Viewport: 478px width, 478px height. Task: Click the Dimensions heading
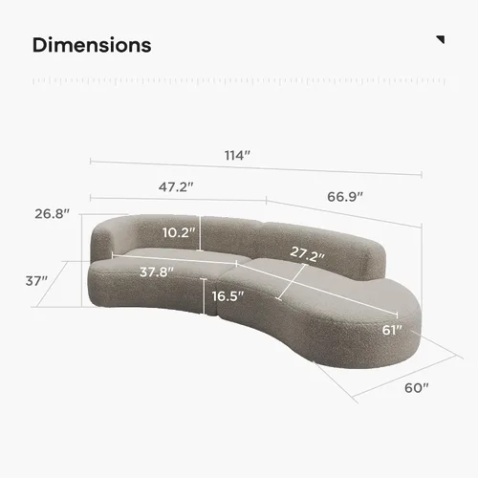pos(92,45)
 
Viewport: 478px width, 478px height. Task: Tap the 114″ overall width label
pos(237,156)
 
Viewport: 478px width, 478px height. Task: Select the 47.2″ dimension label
pos(176,187)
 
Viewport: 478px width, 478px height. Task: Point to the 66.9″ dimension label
pos(345,197)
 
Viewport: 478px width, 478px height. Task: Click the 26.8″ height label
pos(52,214)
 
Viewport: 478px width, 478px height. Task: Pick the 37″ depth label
pos(36,281)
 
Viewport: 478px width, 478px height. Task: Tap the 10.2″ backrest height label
pos(179,232)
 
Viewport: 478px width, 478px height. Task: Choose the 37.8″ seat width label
pos(157,272)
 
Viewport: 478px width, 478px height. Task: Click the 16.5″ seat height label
pos(228,296)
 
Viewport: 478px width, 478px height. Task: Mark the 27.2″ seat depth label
pos(307,254)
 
